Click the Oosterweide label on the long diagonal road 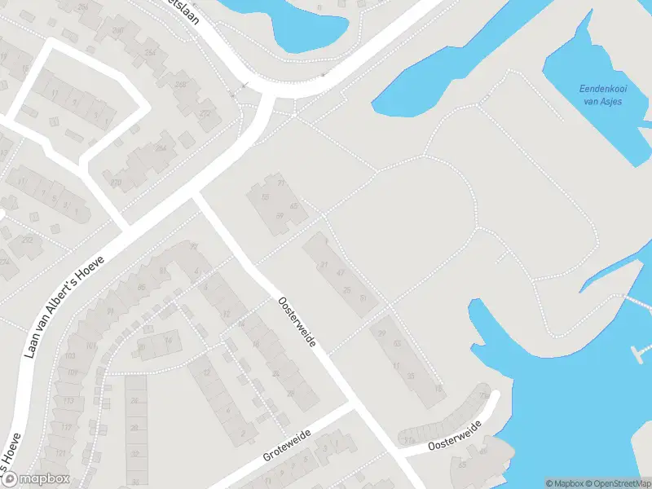302,324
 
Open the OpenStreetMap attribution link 619,483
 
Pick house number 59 280,216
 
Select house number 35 410,376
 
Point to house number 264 161,149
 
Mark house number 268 180,85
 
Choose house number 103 70,357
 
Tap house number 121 60,452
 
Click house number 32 135,455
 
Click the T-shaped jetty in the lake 641,352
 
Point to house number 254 151,53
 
